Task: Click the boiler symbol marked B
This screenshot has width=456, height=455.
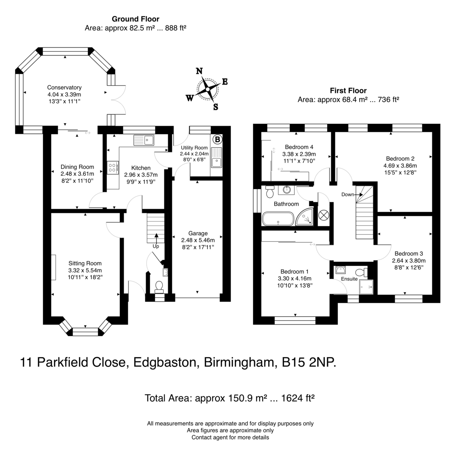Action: [217, 139]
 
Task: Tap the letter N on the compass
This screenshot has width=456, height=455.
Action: [199, 71]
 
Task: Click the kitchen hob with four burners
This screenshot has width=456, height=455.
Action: [112, 167]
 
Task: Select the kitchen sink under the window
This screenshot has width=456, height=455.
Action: [144, 140]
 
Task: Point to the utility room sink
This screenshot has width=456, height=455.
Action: [217, 157]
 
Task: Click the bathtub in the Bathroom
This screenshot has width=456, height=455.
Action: [278, 219]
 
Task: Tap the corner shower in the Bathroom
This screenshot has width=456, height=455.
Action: [305, 216]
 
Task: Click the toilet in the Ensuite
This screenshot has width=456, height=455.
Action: [361, 272]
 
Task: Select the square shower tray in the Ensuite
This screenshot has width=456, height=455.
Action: [366, 287]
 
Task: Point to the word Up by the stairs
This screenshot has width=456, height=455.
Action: [156, 246]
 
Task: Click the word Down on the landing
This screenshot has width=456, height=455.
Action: [348, 194]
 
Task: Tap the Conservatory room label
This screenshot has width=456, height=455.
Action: [64, 87]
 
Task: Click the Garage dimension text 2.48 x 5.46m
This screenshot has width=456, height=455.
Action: [198, 240]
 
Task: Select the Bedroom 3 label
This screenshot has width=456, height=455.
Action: [408, 254]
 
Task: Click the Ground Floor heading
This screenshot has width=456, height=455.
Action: [136, 19]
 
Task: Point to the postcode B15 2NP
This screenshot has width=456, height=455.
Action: [309, 362]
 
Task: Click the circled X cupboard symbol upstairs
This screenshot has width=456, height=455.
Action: [324, 215]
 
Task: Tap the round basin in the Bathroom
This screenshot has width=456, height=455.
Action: [287, 190]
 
